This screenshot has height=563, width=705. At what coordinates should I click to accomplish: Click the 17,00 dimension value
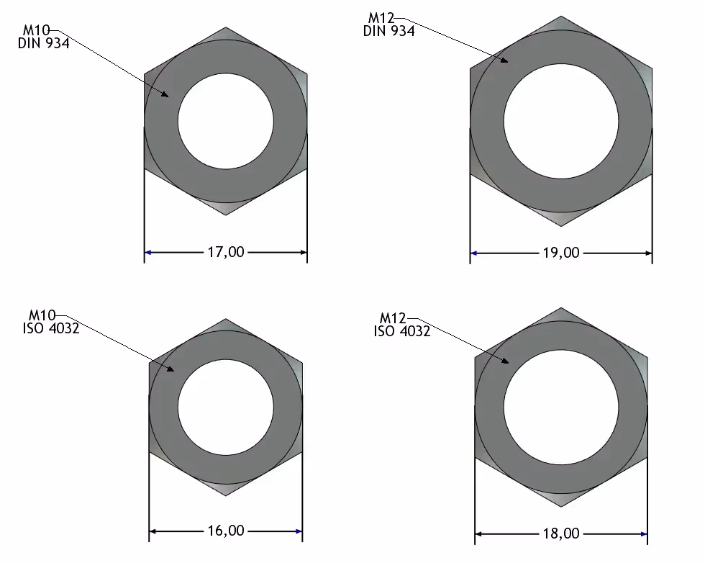click(226, 252)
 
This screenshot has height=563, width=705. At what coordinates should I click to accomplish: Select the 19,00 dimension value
click(561, 253)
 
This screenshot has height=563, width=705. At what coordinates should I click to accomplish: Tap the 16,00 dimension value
click(226, 531)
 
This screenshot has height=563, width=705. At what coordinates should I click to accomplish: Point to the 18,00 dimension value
click(561, 533)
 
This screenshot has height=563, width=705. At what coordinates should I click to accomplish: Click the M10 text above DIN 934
click(37, 31)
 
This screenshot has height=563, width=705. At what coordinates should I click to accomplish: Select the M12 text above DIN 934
click(381, 18)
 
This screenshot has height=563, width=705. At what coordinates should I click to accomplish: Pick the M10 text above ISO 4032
click(42, 315)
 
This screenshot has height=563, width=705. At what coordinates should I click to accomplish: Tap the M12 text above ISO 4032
click(393, 318)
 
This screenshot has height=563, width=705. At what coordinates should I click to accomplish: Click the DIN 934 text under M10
click(44, 43)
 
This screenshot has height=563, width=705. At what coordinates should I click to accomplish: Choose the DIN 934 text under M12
click(389, 31)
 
